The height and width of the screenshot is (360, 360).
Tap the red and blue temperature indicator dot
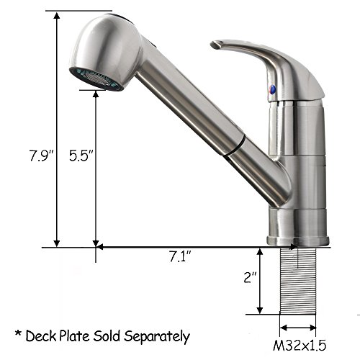[271, 89]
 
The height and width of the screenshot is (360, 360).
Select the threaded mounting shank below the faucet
[298, 281]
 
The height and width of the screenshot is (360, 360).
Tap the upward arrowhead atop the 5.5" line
[96, 96]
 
